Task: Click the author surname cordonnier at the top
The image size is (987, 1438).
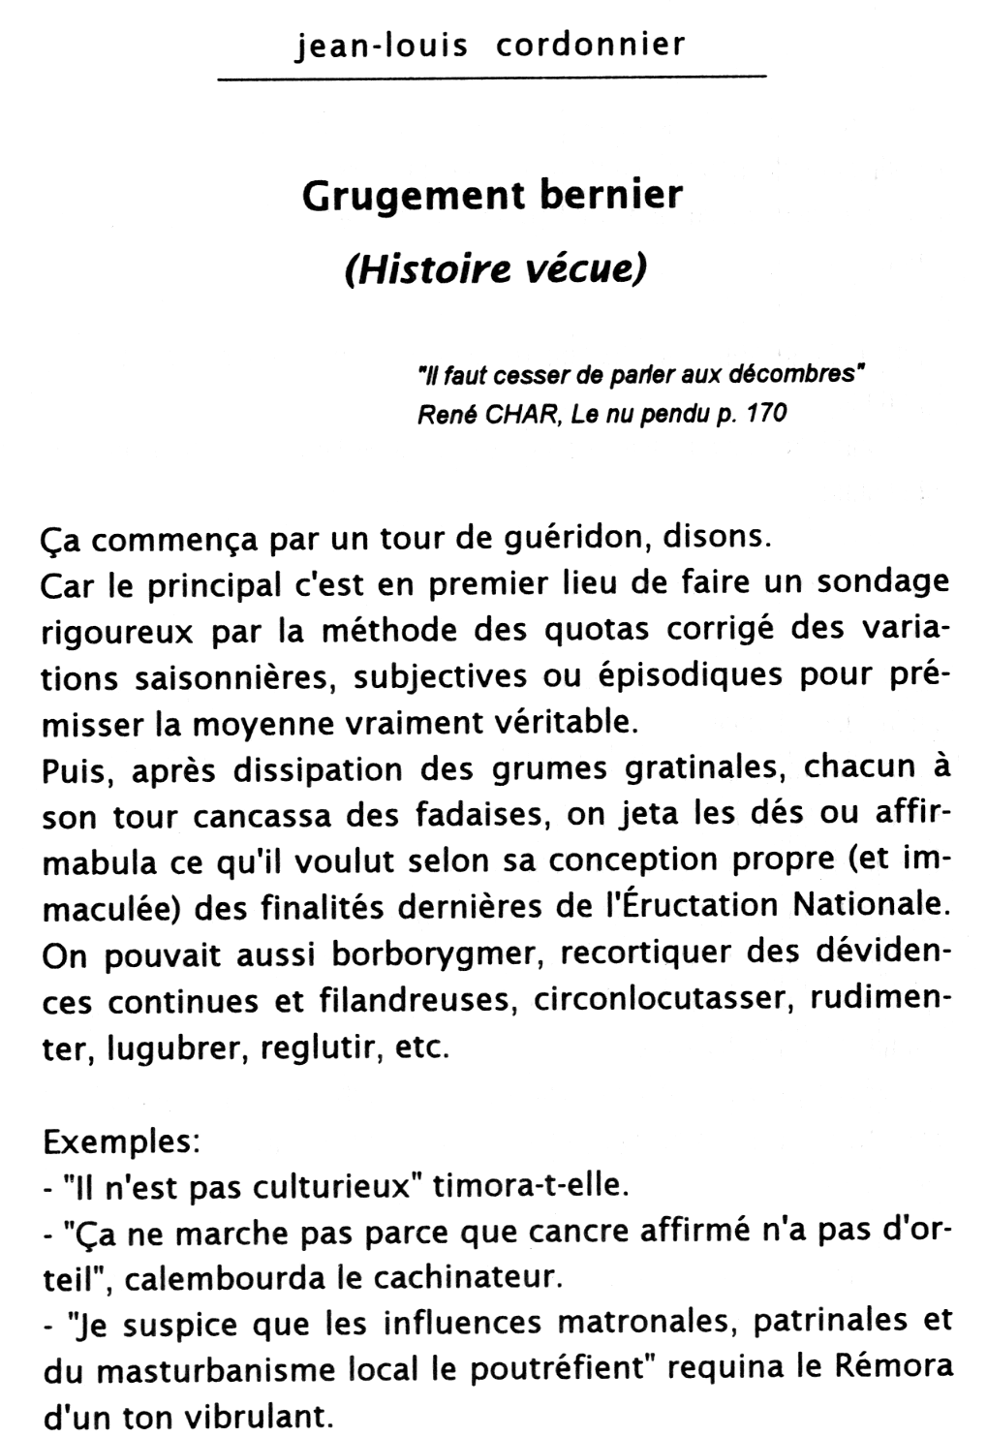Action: coord(590,45)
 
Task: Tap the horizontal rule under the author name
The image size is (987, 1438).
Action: coord(491,77)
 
